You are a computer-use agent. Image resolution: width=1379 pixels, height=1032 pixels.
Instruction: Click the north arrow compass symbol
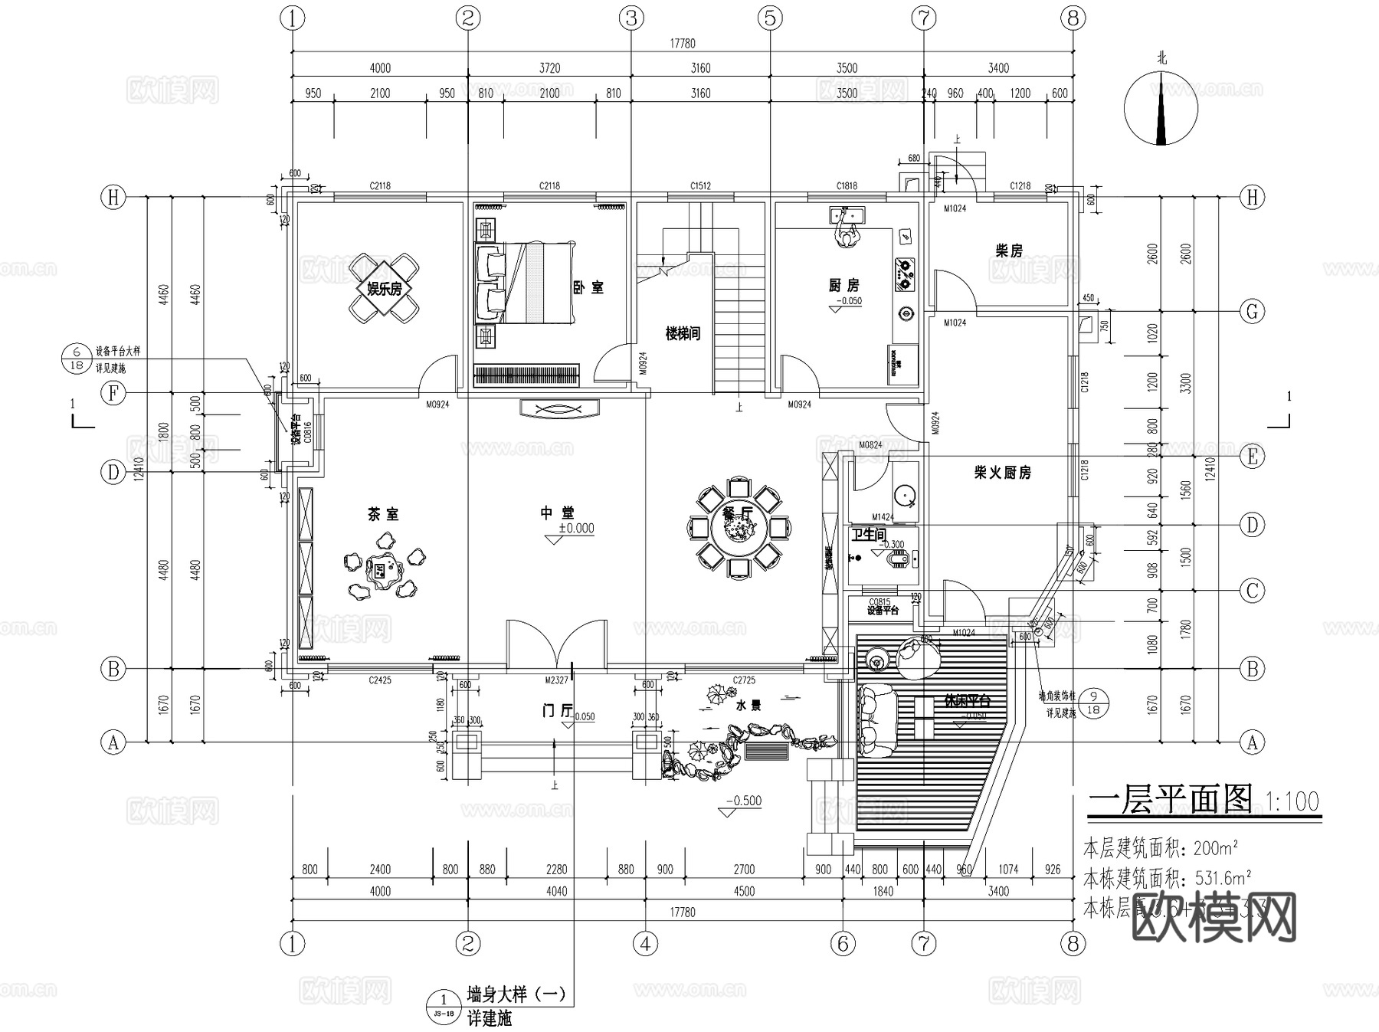point(1161,109)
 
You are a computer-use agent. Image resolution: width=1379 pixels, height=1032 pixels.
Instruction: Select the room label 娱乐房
point(384,289)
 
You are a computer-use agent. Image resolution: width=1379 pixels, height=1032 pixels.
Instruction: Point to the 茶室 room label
point(383,514)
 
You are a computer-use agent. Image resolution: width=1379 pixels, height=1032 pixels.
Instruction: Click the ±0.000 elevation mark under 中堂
point(575,529)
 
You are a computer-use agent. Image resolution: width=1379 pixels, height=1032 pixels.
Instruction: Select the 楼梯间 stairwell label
point(683,333)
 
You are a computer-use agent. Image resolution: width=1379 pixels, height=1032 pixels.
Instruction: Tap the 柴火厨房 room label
point(1002,473)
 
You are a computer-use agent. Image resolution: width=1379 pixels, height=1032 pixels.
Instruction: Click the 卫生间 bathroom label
point(869,534)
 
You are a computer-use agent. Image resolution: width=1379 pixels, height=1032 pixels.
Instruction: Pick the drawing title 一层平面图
point(1170,800)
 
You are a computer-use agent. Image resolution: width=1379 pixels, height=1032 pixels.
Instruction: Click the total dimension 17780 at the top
point(683,44)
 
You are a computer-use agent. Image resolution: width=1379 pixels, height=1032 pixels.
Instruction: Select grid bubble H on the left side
point(113,197)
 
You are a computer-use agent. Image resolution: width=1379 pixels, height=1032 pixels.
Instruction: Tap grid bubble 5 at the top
point(770,18)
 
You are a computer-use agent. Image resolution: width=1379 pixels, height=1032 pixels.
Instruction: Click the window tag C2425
point(379,680)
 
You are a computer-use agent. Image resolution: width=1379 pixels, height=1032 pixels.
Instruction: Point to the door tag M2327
point(556,680)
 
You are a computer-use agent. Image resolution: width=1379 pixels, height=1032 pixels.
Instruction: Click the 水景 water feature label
point(748,706)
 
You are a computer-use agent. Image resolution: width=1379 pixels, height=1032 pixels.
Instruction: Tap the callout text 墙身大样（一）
point(516,994)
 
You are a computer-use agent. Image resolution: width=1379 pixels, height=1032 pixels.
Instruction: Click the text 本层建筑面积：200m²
point(1161,849)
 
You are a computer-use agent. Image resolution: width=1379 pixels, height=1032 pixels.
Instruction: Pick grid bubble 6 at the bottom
point(843,944)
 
